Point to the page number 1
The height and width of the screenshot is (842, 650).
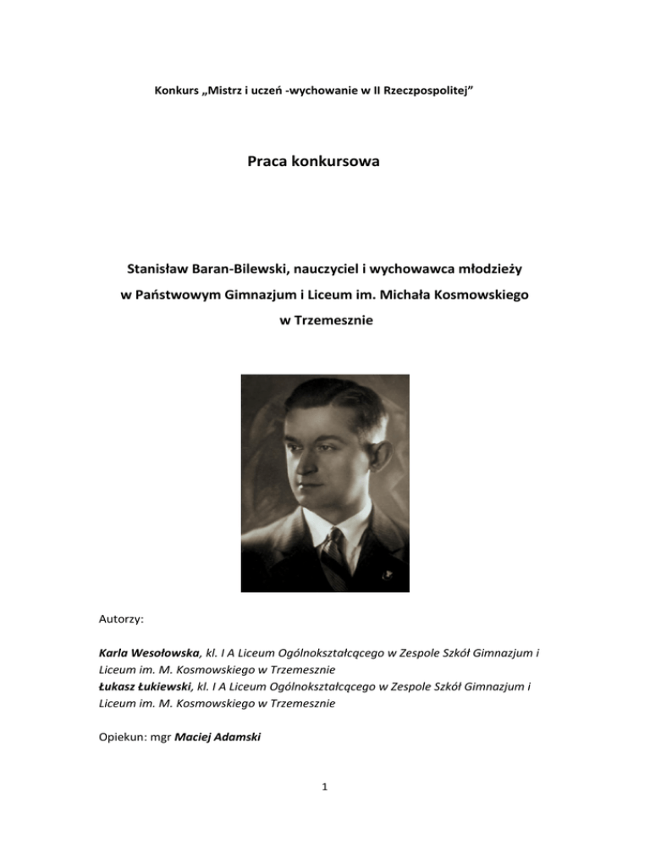(x=325, y=804)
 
